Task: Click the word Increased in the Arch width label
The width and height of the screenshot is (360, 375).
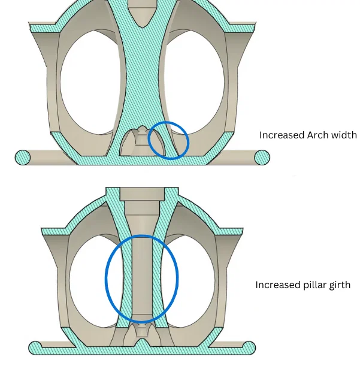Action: coord(279,135)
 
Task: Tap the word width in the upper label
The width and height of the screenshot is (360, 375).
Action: coord(341,135)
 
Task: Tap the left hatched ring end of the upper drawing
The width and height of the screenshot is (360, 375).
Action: coord(23,158)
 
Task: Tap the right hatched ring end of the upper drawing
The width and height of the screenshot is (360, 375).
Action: coord(262,158)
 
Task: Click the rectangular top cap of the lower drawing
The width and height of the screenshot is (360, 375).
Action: coord(141,193)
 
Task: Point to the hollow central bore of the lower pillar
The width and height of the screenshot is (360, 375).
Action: coord(141,270)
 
